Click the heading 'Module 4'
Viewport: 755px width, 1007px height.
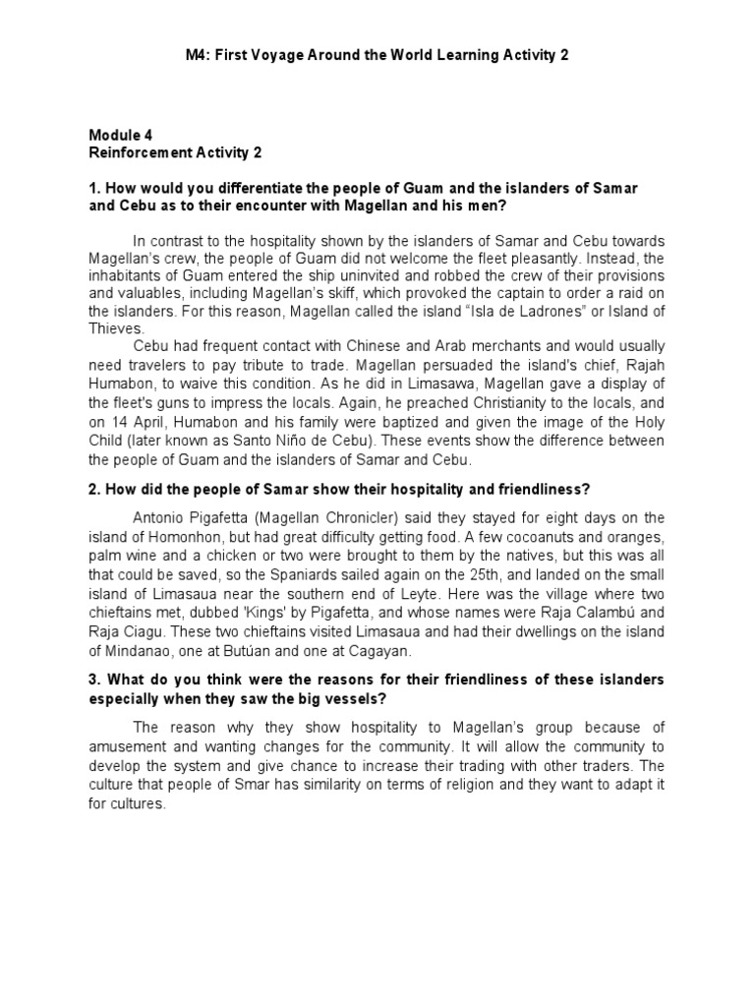[x=121, y=135]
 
